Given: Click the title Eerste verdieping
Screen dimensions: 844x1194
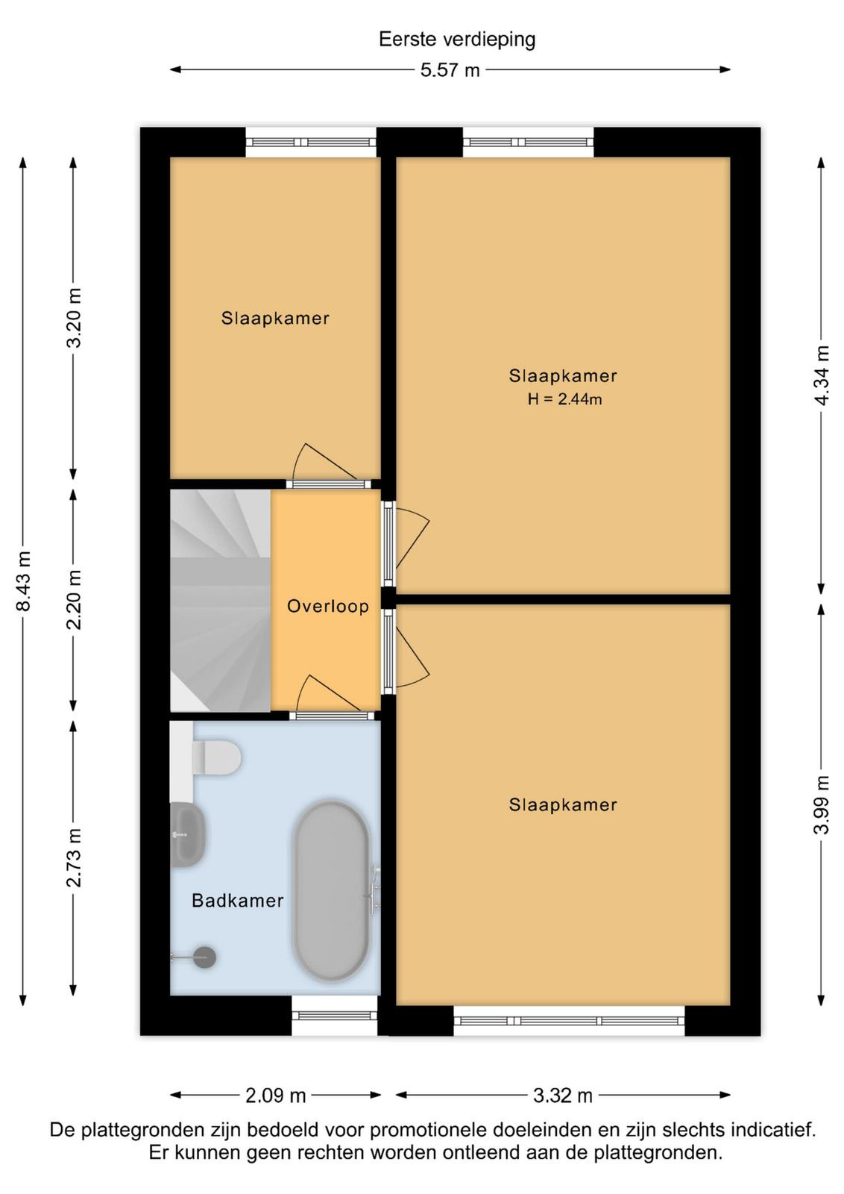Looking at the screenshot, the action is coord(457,40).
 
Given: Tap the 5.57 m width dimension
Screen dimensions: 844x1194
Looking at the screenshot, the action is coord(450,70).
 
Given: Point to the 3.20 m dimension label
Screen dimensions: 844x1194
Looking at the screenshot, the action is coord(74,318).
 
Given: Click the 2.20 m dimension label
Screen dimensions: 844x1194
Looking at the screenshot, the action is coord(74,600).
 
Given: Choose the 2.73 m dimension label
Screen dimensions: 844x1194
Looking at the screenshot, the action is coord(74,857).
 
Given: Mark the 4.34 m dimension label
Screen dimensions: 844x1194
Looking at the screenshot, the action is coord(822,375).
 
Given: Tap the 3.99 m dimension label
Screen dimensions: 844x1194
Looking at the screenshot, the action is coord(822,805).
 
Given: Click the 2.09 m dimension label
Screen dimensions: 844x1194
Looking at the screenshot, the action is coord(275,1095).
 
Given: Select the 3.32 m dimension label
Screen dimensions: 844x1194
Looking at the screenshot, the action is coord(563,1095).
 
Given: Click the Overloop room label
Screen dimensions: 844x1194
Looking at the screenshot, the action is coord(327,606).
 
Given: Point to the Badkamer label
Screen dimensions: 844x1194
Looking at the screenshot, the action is coord(238,900).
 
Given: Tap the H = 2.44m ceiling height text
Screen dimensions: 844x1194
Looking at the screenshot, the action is coord(564,398).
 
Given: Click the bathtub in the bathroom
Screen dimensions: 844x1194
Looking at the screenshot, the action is coord(331,891).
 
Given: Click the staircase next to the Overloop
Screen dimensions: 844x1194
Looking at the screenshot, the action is coord(221,601).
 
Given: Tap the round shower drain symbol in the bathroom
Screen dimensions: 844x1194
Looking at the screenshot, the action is coord(204,957).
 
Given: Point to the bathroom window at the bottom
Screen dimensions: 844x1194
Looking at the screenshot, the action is coord(335,1016).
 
